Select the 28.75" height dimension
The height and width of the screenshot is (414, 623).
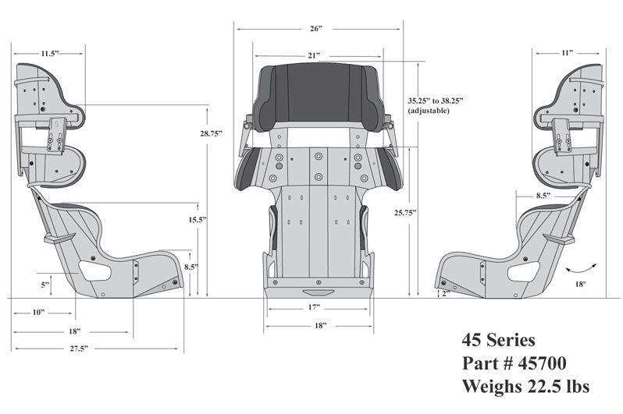[210, 133]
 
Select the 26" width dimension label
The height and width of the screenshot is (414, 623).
[315, 28]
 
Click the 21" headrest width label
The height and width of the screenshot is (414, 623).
[313, 55]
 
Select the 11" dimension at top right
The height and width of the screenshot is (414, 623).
[567, 52]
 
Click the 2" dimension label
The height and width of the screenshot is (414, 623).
[444, 293]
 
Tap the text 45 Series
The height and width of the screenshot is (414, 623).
[497, 341]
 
